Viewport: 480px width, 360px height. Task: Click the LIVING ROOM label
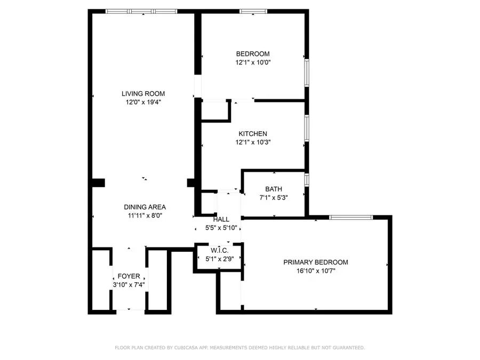click(x=143, y=94)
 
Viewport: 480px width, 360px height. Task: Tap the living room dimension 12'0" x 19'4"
click(x=143, y=102)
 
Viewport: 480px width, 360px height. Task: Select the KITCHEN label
click(x=253, y=134)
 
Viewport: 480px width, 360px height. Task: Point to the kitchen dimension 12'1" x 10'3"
click(x=253, y=142)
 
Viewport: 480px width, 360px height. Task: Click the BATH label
click(x=274, y=189)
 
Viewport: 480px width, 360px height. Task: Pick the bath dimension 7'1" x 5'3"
click(x=274, y=197)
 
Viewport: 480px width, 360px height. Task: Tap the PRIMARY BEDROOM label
click(x=315, y=262)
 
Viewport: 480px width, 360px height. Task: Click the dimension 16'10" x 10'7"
click(x=315, y=270)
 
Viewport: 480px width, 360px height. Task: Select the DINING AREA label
click(x=145, y=207)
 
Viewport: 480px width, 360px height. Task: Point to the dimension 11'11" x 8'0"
click(x=145, y=215)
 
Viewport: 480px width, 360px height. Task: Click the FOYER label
click(x=129, y=276)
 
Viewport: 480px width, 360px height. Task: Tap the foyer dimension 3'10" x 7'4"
click(x=129, y=285)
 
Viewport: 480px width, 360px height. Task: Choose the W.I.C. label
click(x=219, y=251)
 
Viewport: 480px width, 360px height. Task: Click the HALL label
click(x=221, y=219)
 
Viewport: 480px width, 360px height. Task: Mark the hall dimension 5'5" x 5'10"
click(x=221, y=228)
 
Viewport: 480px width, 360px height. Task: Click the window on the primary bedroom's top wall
click(x=350, y=217)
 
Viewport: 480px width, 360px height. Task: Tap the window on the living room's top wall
click(x=141, y=11)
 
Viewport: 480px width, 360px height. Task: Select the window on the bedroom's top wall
click(x=253, y=11)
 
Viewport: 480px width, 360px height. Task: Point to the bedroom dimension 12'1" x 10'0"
click(x=253, y=62)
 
